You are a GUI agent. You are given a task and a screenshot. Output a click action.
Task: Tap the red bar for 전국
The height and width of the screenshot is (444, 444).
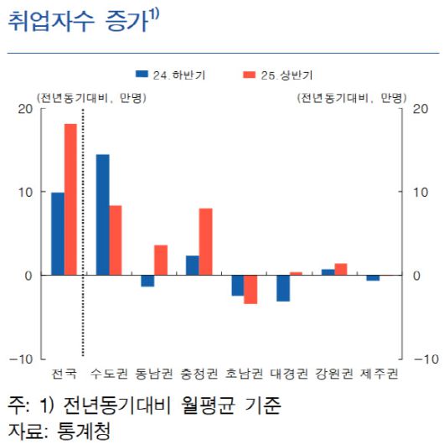(70, 199)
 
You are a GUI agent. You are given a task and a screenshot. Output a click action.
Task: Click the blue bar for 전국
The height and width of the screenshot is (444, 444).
(58, 234)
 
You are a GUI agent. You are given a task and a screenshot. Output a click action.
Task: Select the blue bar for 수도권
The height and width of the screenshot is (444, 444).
(103, 214)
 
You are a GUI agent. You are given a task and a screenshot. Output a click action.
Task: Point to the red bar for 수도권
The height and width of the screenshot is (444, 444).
(116, 240)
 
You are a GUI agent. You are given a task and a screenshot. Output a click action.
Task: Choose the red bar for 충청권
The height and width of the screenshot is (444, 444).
(206, 241)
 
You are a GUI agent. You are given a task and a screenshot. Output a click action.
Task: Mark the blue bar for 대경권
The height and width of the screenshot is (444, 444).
(283, 288)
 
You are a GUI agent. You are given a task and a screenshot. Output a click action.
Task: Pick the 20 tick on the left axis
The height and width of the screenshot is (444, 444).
(25, 108)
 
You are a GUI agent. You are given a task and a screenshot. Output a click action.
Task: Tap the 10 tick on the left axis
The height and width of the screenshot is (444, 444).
(25, 192)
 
